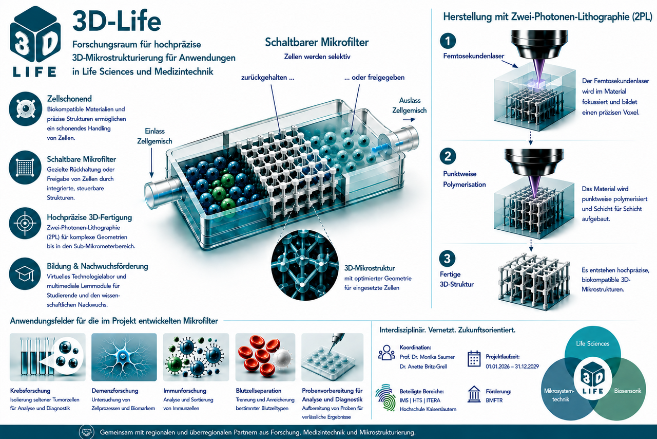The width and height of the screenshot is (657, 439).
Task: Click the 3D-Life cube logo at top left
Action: [x=35, y=41]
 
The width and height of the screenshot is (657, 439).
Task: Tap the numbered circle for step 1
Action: [x=448, y=41]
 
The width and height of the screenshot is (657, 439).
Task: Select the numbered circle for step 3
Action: [x=447, y=259]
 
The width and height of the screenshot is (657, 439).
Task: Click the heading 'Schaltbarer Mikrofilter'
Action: [x=317, y=42]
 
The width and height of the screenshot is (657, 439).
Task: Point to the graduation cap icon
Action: [x=25, y=274]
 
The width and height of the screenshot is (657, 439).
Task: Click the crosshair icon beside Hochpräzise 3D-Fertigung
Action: [x=25, y=223]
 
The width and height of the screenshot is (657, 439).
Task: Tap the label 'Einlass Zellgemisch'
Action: [x=154, y=136]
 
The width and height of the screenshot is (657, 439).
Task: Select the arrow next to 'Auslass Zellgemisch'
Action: [x=409, y=120]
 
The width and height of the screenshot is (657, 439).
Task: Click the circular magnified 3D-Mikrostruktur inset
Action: [x=305, y=265]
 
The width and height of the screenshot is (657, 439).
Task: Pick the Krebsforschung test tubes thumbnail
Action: [x=48, y=357]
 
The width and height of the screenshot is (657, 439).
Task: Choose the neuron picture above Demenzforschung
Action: [x=124, y=357]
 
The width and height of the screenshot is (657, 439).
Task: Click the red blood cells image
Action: [x=265, y=357]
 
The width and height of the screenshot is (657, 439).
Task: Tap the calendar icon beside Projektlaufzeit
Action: [x=474, y=359]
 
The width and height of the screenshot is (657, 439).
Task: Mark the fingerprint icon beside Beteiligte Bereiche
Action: [x=385, y=397]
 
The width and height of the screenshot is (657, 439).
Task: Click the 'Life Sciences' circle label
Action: [x=592, y=343]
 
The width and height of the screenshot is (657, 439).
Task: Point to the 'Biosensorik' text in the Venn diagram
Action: [x=628, y=391]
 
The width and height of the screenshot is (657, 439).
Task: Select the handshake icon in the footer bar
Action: [x=87, y=432]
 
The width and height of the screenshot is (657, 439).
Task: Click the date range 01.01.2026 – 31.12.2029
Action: [x=512, y=367]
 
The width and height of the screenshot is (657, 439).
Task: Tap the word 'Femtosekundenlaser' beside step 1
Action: [x=474, y=56]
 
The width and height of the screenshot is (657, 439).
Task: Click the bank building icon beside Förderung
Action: [x=474, y=394]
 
